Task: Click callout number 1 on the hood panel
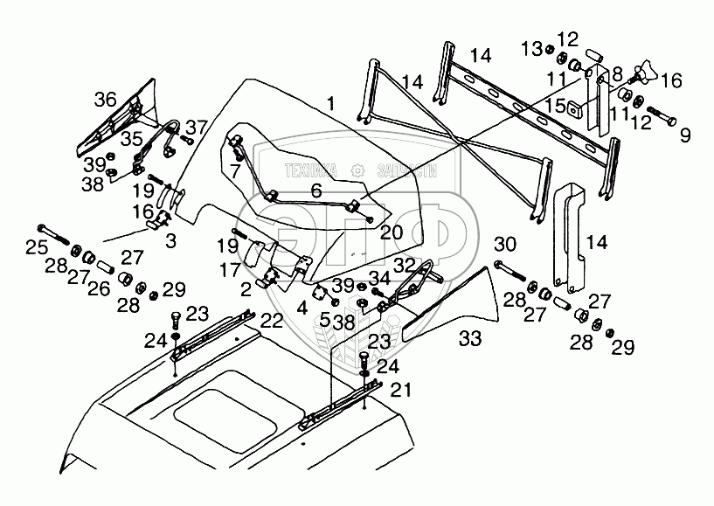point(331,104)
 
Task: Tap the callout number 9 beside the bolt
point(684,135)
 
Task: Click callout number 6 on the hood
point(316,190)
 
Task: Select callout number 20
point(391,232)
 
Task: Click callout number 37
point(196,125)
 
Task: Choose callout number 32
point(404,262)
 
